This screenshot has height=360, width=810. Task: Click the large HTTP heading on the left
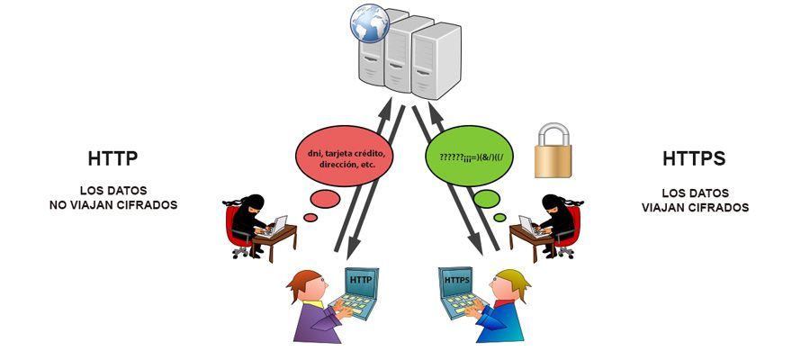click(x=113, y=159)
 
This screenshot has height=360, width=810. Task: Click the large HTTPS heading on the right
click(x=694, y=159)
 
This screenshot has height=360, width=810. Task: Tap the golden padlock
click(x=553, y=150)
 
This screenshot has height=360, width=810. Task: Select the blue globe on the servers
click(x=369, y=23)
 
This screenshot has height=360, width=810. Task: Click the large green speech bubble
click(x=469, y=156)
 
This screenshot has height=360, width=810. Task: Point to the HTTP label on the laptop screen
click(x=361, y=279)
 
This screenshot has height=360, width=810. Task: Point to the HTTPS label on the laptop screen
click(x=456, y=280)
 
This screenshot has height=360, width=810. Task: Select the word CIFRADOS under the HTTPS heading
click(x=721, y=208)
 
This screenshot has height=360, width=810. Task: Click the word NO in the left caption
click(x=57, y=205)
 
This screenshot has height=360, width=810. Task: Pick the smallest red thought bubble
click(x=310, y=218)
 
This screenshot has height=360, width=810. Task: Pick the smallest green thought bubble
click(x=499, y=218)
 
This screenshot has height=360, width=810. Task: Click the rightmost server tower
click(x=436, y=61)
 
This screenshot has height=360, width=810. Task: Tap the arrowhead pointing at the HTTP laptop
click(x=352, y=251)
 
